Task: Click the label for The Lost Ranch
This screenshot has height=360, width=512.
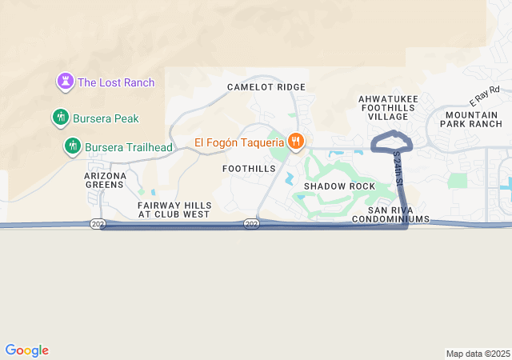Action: (116, 82)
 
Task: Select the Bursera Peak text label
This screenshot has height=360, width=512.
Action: (106, 118)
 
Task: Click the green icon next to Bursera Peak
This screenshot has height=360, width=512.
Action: (59, 118)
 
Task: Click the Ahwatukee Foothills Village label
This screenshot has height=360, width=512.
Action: (388, 107)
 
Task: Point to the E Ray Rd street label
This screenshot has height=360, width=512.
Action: (483, 98)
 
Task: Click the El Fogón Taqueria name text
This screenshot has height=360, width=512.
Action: (239, 143)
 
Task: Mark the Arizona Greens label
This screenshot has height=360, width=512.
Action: (106, 180)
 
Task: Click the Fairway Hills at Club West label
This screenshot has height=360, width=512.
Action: (174, 210)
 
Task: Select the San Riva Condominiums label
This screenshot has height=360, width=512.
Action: (392, 214)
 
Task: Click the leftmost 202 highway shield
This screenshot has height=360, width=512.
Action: (98, 224)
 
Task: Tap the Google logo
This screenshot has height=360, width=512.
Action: (27, 350)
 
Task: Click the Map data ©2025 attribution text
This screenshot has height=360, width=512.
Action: (477, 354)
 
